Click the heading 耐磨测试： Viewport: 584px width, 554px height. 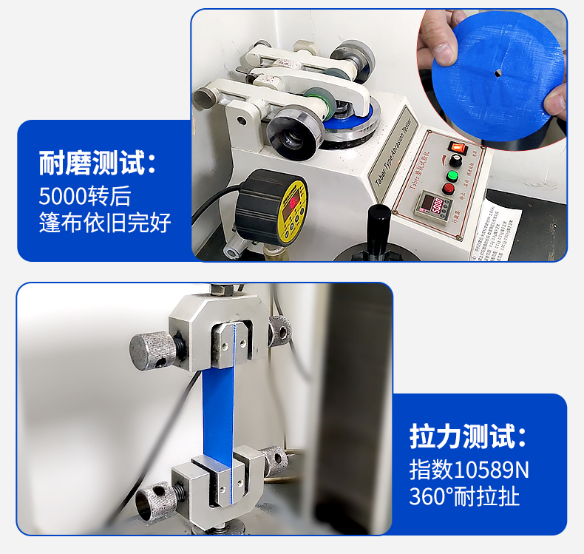98,163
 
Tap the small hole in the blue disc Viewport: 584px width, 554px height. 498,72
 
